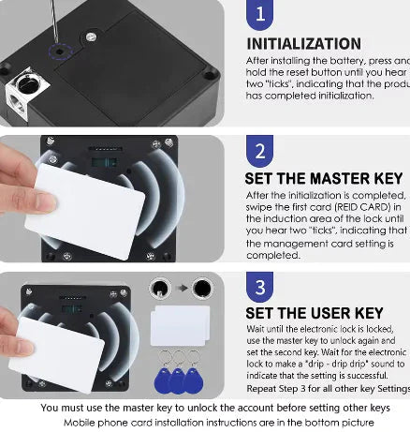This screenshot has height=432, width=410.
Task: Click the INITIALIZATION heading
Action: click(x=302, y=44)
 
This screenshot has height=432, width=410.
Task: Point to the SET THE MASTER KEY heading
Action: click(x=322, y=178)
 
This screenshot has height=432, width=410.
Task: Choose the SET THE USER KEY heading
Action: click(x=314, y=313)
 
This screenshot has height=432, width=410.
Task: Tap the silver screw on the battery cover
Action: click(x=91, y=37)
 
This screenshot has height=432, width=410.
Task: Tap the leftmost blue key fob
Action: click(x=163, y=379)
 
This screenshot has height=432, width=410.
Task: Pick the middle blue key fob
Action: click(x=180, y=380)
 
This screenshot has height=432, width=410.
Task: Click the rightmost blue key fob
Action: click(x=196, y=379)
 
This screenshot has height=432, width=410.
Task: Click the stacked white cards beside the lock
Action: click(x=181, y=327)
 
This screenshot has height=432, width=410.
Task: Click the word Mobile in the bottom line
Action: click(x=81, y=423)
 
